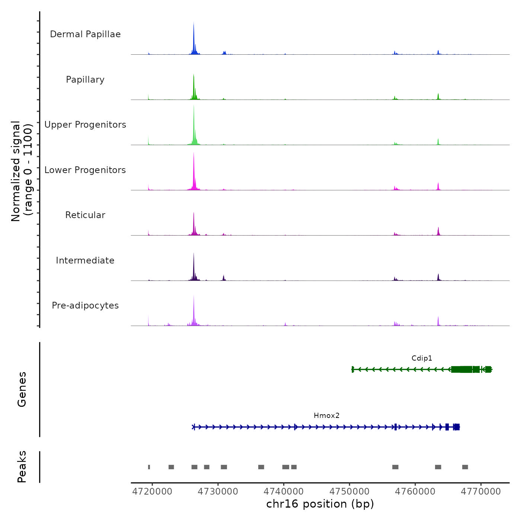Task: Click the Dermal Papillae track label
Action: (85, 34)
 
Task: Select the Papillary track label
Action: (85, 80)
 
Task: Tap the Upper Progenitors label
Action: (85, 125)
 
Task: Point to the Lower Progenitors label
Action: (85, 170)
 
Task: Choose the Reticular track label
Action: (85, 215)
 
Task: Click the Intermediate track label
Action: (85, 260)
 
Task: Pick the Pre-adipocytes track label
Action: (85, 306)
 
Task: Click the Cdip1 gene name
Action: (422, 358)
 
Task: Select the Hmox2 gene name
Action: (327, 416)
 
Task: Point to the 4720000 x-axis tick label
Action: (152, 492)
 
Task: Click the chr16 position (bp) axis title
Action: (320, 504)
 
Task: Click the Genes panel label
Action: (22, 389)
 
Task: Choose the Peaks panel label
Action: (22, 467)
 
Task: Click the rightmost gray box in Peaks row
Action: (465, 467)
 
